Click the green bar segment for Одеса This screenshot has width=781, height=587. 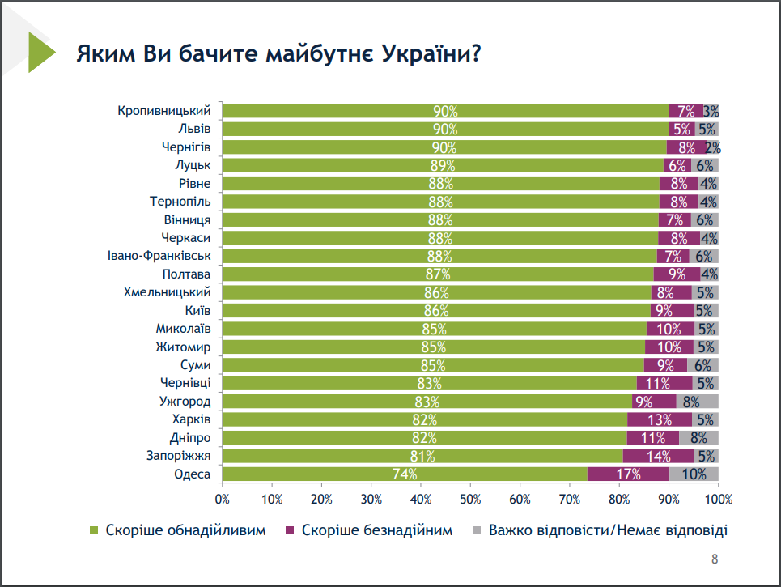click(x=405, y=474)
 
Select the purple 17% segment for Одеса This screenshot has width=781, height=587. click(x=628, y=474)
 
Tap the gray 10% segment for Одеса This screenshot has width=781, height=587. click(x=694, y=474)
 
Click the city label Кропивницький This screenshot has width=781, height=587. click(x=164, y=111)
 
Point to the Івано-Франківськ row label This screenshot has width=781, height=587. click(x=159, y=256)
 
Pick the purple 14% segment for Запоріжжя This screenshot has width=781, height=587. click(x=658, y=456)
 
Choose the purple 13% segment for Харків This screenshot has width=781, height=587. click(x=660, y=419)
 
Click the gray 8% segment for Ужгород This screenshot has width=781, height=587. click(x=697, y=402)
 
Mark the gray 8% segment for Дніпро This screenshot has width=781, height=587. click(x=698, y=438)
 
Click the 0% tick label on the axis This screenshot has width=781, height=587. click(x=223, y=498)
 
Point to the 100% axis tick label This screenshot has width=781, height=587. click(x=718, y=498)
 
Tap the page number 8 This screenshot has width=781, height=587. click(x=714, y=559)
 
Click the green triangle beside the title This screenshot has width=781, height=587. click(x=40, y=53)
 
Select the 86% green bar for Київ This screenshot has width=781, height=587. click(x=437, y=310)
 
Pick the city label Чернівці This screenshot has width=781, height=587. click(x=186, y=383)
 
